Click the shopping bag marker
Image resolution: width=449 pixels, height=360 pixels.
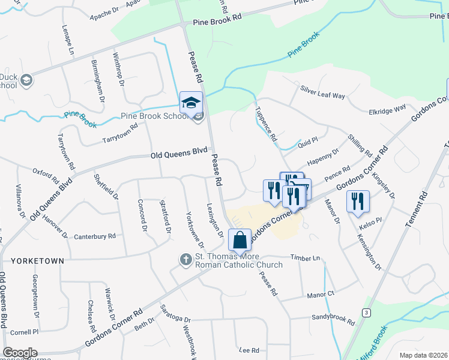coord(240,241)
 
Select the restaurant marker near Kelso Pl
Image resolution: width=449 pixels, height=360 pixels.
coord(357,202)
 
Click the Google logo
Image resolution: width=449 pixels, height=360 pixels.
coord(20,353)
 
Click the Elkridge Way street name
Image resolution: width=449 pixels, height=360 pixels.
coord(388,110)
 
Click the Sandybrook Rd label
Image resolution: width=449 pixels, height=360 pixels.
coord(333,319)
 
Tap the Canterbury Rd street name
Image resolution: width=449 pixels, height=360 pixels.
coord(94,236)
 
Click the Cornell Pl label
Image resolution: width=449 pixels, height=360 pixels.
coord(24,331)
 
